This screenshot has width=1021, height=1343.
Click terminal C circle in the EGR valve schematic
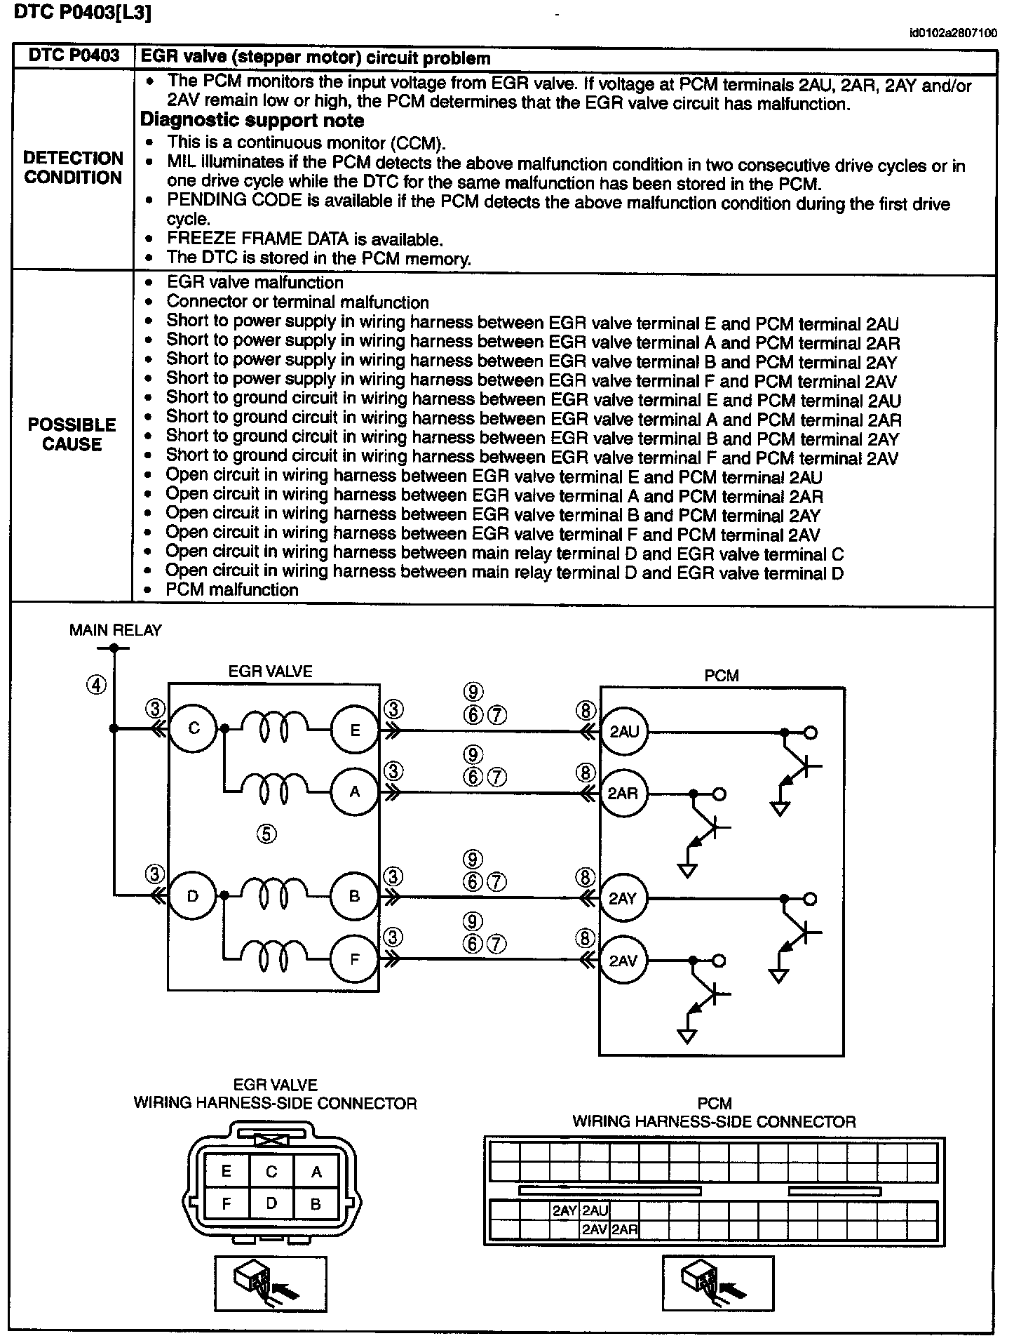[x=194, y=728]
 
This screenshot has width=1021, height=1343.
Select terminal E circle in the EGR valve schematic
[x=354, y=730]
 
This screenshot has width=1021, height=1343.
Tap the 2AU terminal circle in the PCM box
[x=623, y=731]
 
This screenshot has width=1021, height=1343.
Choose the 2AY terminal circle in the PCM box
[x=623, y=898]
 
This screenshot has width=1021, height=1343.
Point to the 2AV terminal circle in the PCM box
[x=623, y=960]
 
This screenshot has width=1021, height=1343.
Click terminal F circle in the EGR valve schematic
[x=354, y=958]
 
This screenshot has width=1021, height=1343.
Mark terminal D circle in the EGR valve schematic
[x=192, y=895]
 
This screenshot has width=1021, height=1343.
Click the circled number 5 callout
[x=266, y=834]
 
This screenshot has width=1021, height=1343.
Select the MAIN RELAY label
[x=115, y=630]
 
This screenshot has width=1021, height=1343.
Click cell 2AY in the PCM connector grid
[x=564, y=1210]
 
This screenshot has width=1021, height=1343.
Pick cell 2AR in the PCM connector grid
[x=623, y=1229]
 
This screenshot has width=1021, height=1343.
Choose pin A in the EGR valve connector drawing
[x=316, y=1171]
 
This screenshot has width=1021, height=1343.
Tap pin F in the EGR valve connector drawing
[x=226, y=1203]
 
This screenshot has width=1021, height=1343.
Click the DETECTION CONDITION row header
[x=73, y=168]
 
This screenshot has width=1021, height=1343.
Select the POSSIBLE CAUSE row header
[x=72, y=434]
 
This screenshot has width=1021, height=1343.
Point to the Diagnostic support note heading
[x=252, y=121]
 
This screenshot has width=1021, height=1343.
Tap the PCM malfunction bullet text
[x=232, y=589]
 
